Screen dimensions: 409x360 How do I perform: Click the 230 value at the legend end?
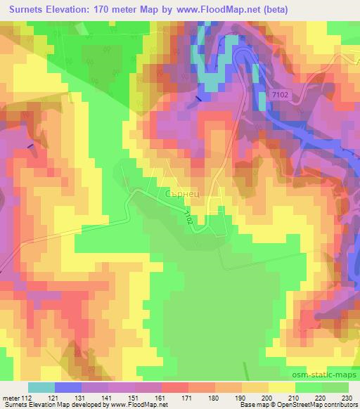point(347,398)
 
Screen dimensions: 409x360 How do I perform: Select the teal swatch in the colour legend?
point(41,387)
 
